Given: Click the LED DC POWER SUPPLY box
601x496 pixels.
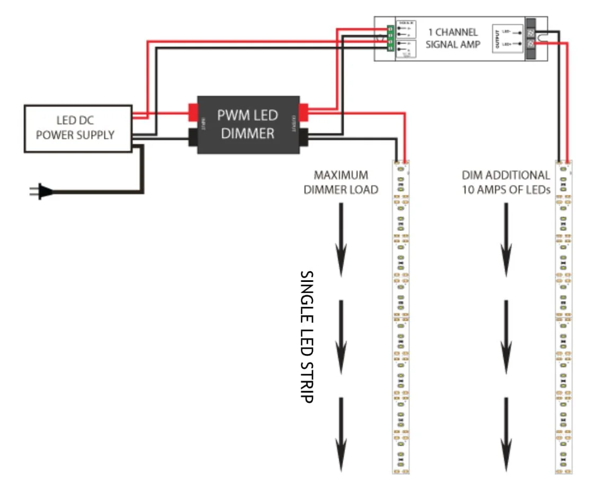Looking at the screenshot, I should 78,129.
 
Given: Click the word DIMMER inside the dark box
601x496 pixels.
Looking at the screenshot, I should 248,133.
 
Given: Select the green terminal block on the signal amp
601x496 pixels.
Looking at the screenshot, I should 390,38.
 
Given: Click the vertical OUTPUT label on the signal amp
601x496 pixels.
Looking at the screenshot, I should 497,37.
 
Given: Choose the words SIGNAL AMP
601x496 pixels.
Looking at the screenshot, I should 453,45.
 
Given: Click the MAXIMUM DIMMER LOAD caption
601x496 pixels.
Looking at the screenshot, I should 340,182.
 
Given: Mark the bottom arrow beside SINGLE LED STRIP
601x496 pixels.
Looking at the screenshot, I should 341,434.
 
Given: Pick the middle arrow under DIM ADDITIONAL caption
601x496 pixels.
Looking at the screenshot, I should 506,337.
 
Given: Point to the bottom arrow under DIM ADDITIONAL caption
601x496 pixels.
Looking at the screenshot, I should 506,434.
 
